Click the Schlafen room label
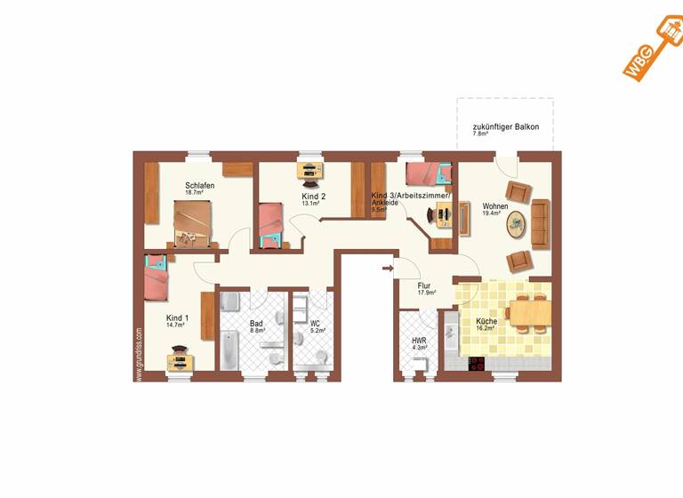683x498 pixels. pos(200,185)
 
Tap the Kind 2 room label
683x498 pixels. pos(314,196)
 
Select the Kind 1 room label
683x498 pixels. pos(177,317)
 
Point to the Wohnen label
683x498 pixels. pos(495,206)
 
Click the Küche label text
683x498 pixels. pos(486,321)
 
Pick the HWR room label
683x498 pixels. pos(419,341)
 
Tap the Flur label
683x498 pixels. pos(424,285)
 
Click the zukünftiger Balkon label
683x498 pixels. pos(505,126)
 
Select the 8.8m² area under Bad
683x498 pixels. pos(256,330)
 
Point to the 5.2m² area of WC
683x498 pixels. pos(317,330)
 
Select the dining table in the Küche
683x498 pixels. pos(530,312)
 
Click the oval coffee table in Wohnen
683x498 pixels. pos(517,226)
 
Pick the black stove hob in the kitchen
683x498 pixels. pos(477,364)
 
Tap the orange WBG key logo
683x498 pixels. pos(650,52)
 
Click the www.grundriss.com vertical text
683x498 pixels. pos(140,354)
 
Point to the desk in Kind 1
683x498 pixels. pos(181,361)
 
